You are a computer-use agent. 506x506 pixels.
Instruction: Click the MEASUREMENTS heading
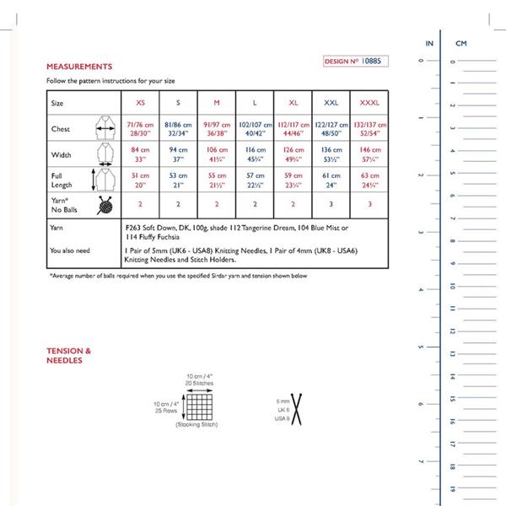click(79, 66)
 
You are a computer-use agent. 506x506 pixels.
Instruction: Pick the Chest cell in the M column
click(217, 128)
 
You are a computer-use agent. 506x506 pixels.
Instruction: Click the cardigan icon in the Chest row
click(105, 128)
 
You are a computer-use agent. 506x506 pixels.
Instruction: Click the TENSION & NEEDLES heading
click(69, 355)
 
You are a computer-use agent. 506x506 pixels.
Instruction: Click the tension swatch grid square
click(198, 407)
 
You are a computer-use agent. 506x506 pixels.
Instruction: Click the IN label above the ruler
click(429, 42)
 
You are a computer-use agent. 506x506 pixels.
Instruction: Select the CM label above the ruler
click(461, 42)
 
